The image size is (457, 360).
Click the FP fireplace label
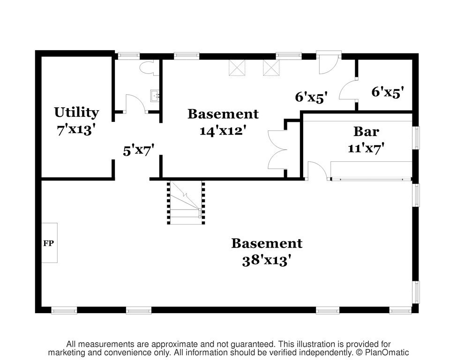pos(48,243)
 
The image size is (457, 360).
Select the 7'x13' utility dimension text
pos(76,129)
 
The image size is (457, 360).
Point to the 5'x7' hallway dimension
pos(138,151)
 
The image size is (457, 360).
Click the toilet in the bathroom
pos(149,68)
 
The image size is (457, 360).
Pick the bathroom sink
pos(155,96)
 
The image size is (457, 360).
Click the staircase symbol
pos(186,202)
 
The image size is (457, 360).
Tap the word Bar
pos(366,131)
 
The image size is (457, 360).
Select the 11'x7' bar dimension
pos(366,149)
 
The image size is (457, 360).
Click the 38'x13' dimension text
pos(267,260)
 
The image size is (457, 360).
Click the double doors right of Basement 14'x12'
pos(278,150)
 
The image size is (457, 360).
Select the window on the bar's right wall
pos(417,138)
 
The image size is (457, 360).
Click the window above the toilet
pos(128,55)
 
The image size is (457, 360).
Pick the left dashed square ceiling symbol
pos(237,67)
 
